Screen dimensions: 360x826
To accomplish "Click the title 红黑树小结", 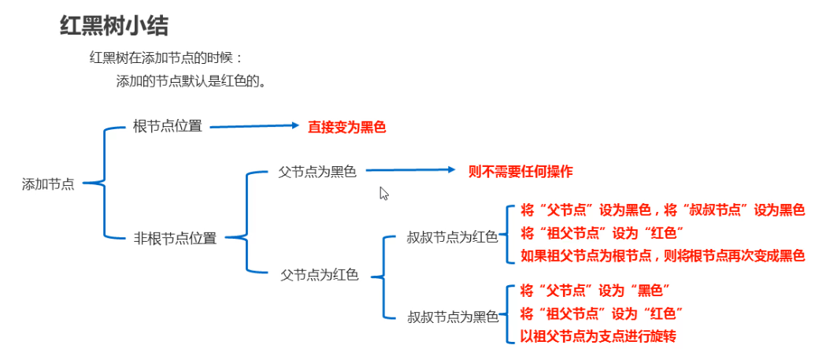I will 113,26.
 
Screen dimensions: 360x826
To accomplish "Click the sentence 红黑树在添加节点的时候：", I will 167,58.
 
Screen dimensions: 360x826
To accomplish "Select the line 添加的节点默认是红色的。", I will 190,81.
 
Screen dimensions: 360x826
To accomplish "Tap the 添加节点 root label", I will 49,184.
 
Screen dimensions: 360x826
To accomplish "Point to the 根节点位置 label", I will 167,126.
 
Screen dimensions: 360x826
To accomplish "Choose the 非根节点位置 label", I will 175,238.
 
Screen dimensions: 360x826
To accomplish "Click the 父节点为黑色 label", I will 317,171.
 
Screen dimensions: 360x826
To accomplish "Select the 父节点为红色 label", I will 320,276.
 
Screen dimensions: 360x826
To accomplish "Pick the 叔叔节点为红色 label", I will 452,236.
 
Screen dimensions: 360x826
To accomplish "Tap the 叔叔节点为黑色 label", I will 453,317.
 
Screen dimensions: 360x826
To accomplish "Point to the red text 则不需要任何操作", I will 520,171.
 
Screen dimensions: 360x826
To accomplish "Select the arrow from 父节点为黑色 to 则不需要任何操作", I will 410,169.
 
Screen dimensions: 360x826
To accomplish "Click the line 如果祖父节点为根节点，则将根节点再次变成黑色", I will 663,255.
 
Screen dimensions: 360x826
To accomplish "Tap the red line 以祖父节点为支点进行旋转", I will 598,336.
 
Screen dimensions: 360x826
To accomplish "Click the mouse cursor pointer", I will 384,193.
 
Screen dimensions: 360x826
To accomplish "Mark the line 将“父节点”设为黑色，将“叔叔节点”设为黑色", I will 663,210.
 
